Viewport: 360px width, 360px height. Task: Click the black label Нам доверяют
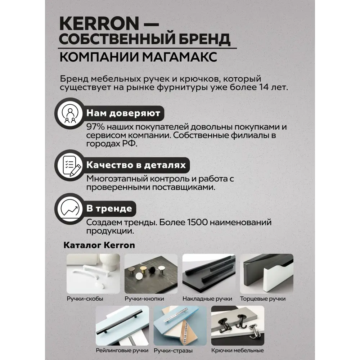[123, 113]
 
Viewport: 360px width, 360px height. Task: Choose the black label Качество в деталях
[136, 165]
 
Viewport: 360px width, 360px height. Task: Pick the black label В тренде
[109, 208]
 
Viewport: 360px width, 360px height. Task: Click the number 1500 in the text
[198, 222]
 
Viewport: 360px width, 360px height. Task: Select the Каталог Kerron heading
[99, 245]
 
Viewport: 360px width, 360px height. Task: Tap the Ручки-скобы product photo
[93, 274]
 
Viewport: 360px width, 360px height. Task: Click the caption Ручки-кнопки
[144, 299]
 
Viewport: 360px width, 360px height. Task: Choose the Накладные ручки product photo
[209, 274]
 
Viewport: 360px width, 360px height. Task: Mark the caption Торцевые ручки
[268, 299]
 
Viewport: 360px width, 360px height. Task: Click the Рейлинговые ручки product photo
[122, 325]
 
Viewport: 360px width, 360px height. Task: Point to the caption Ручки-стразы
[173, 350]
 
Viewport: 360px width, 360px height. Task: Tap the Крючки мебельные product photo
[238, 325]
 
